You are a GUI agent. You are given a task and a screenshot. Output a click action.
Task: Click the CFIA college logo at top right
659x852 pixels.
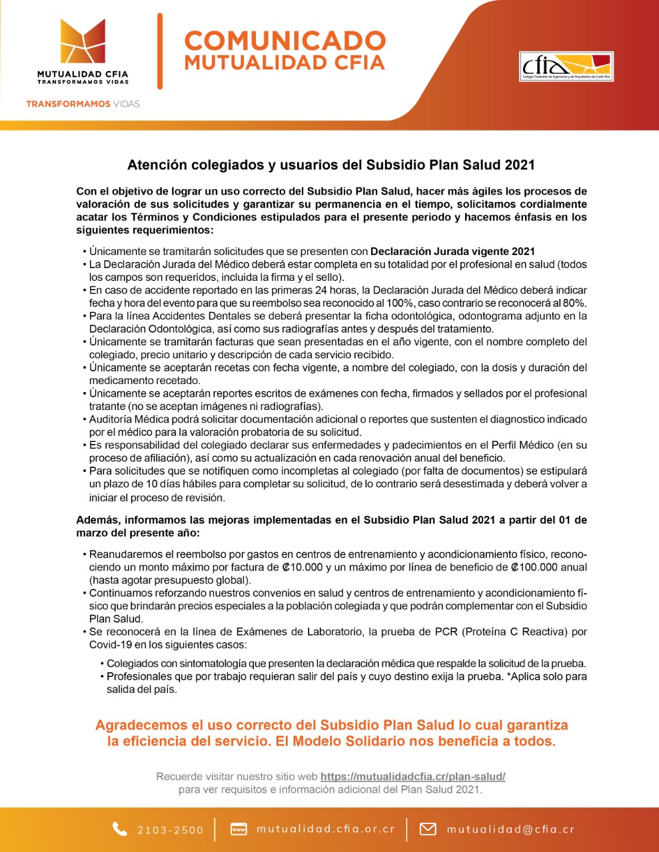pos(566,67)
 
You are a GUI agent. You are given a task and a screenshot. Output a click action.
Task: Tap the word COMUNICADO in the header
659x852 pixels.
pos(285,41)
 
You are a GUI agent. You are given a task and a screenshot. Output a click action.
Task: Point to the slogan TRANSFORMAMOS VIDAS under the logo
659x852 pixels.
pos(83,104)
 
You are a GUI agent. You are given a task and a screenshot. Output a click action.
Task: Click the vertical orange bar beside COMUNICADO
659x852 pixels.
pos(160,51)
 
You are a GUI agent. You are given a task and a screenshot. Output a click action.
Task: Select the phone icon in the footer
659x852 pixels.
pos(120,829)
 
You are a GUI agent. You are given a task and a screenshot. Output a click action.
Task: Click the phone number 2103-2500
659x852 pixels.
pos(171,830)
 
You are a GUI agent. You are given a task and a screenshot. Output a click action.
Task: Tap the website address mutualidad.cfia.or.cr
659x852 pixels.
pos(325,829)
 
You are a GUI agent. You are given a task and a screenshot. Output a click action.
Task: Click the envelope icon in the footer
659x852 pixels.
pos(428,829)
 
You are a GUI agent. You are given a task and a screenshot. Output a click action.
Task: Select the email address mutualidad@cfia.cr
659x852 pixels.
pos(510,829)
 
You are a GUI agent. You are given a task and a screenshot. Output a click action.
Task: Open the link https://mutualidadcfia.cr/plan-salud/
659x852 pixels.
pos(412,776)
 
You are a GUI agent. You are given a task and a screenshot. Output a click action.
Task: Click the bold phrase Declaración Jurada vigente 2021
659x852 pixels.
pos(452,252)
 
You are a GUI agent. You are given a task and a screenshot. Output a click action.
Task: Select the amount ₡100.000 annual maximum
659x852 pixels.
pos(533,568)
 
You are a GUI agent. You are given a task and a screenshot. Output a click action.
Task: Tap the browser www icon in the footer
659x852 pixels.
pos(239,829)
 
